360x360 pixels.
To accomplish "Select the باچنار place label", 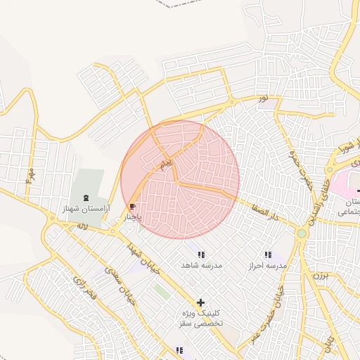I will tap(133, 217).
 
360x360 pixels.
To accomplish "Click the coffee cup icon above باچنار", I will tap(133, 207).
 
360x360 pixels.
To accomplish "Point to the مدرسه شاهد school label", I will tap(202, 265).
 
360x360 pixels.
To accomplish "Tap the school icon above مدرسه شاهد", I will tap(202, 255).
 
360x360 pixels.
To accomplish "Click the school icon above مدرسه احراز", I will tap(267, 255).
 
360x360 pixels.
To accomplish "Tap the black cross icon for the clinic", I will tap(201, 302).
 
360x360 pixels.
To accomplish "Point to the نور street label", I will tap(263, 98).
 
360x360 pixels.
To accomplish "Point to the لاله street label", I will tap(82, 226).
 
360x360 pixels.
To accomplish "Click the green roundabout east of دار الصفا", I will tap(302, 233).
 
